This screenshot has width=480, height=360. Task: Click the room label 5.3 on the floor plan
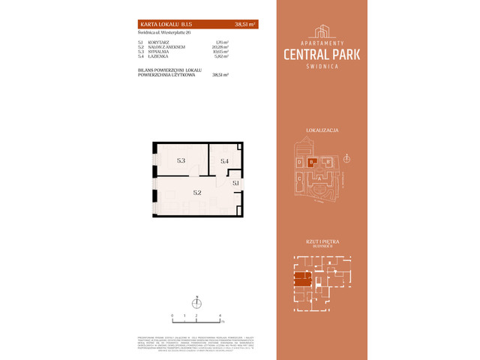coord(181,160)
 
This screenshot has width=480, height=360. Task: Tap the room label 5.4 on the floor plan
coord(223,161)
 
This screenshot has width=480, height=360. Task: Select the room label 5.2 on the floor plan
coord(196,193)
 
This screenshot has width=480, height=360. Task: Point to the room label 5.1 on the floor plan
coord(235,182)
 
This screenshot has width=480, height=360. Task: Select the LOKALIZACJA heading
coord(322,130)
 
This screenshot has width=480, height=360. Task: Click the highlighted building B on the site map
coord(312,161)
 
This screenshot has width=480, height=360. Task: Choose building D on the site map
coord(299,162)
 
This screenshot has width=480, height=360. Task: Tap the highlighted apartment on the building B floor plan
coord(302,282)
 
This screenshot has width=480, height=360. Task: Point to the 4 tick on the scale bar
coord(219,316)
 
